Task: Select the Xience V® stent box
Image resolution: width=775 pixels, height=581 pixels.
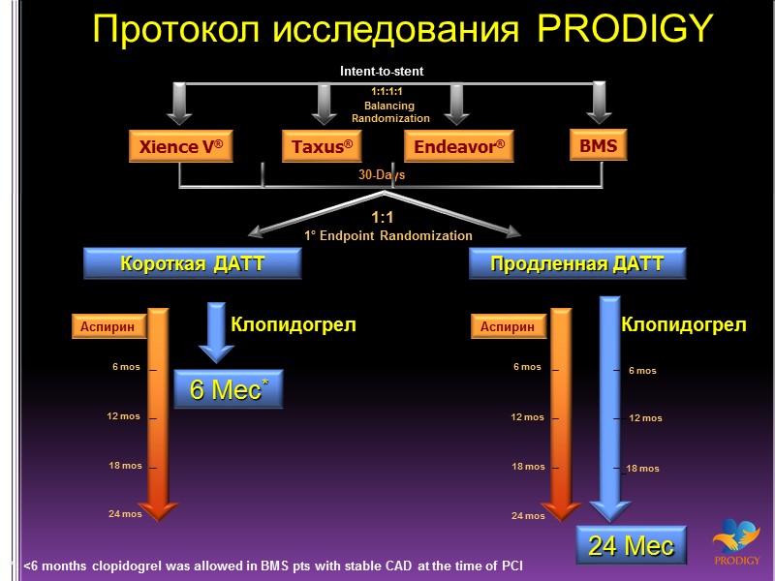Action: [x=180, y=147]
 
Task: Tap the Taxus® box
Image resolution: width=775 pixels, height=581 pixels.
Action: [x=321, y=147]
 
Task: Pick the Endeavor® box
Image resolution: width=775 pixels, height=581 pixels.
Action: [x=458, y=147]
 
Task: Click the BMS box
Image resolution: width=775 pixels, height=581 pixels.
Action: [x=598, y=146]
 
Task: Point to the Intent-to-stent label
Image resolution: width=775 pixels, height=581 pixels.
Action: [x=382, y=71]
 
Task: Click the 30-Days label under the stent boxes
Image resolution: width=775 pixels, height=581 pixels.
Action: [x=382, y=175]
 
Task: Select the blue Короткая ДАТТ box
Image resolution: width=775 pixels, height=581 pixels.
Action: [x=192, y=263]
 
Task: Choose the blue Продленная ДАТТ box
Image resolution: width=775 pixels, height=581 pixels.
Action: [x=577, y=263]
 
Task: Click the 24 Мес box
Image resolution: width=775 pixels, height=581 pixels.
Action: [x=632, y=545]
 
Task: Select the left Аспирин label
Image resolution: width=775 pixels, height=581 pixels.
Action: [x=108, y=327]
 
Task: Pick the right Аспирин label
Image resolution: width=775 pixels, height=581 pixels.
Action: [x=508, y=327]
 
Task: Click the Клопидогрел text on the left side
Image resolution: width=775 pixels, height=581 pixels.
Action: [x=293, y=325]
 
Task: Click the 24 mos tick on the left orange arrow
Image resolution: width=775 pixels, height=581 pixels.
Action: [x=125, y=514]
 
